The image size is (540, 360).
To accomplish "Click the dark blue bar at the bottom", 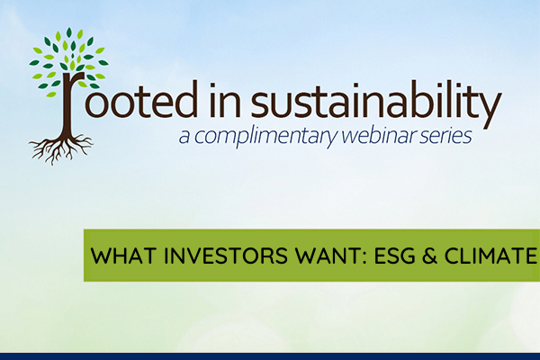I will click(270, 355).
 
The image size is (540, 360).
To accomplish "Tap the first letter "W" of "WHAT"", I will click(97, 256).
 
